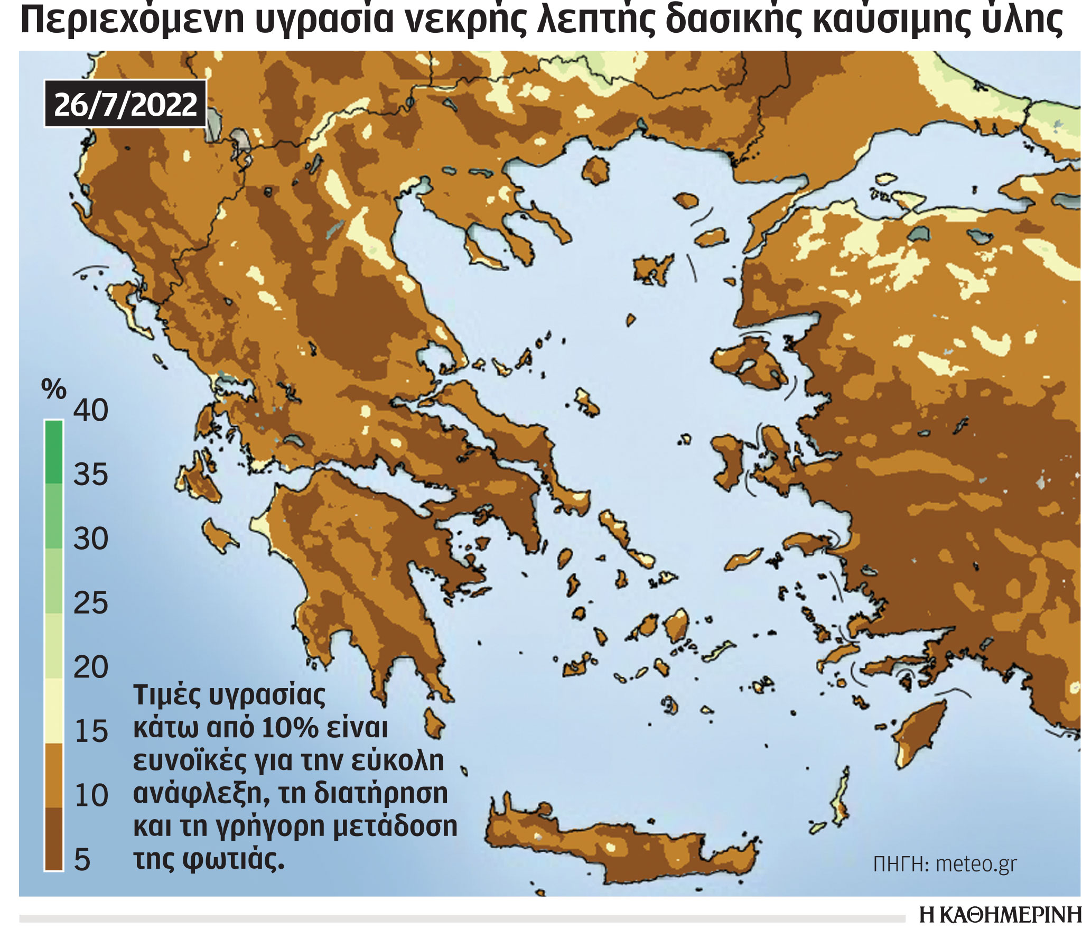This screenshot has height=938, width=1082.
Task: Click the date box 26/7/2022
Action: coord(125,104)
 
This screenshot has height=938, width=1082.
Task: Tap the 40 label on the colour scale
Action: coord(90,410)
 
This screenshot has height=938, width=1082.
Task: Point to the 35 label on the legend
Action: coord(90,475)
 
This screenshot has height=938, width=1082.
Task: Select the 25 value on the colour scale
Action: coord(90,603)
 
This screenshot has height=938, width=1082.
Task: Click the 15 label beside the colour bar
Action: coord(91,732)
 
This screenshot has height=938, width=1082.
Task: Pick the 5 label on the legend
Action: coord(82,860)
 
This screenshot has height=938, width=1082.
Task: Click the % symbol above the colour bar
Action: coord(53,390)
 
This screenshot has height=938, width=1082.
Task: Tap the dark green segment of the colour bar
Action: coord(53,452)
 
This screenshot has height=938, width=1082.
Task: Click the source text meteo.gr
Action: coord(976,864)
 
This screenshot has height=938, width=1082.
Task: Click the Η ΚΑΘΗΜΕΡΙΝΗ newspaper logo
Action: coord(1000,915)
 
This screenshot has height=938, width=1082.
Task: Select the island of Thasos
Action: coord(596,170)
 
